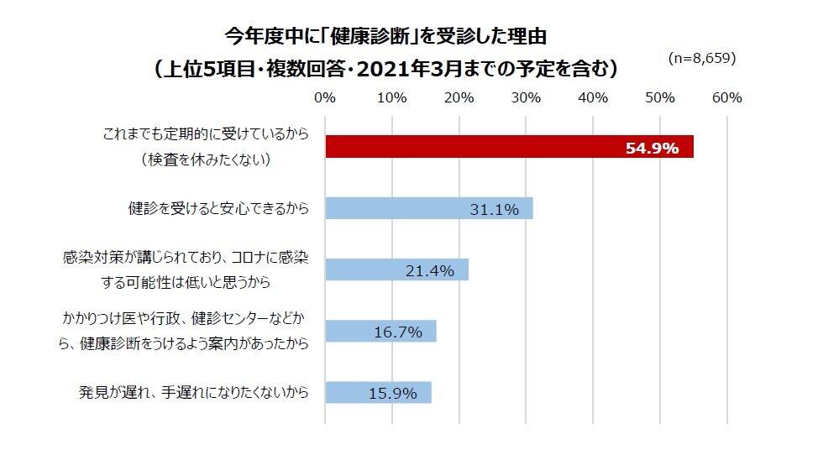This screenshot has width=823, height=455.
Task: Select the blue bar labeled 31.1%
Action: point(428,208)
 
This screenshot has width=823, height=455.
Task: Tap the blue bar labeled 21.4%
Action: point(396,269)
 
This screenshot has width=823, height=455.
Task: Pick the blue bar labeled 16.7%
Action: point(380,331)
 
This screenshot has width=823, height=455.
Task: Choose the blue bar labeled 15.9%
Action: point(378,392)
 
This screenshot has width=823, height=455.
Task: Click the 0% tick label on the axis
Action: point(325,97)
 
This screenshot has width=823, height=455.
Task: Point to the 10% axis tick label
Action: point(392,97)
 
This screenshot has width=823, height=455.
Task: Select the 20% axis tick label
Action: point(459,97)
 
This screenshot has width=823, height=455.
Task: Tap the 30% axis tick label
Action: point(526,97)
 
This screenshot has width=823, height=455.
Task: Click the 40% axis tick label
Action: point(593,97)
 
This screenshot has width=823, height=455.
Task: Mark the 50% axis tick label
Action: point(660,97)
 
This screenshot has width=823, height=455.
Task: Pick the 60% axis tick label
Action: point(726,97)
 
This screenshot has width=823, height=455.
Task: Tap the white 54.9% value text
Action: point(652,149)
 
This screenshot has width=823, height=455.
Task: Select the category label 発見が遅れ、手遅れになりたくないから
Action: point(194,392)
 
